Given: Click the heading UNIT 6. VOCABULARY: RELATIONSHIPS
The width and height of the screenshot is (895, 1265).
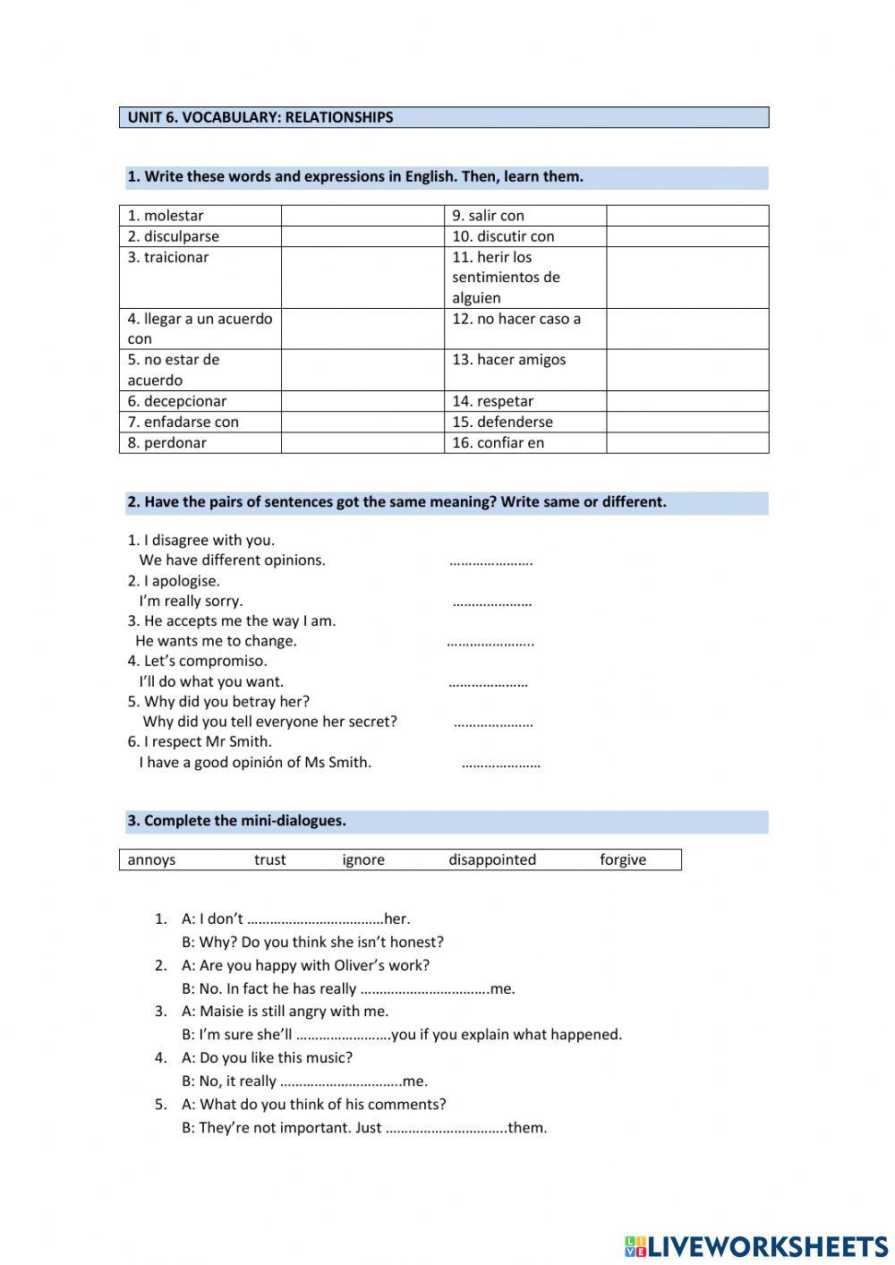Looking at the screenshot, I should (x=260, y=117).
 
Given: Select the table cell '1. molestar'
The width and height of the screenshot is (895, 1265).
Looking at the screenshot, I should (x=200, y=216).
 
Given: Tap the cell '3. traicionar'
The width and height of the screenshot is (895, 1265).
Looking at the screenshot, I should (x=200, y=278).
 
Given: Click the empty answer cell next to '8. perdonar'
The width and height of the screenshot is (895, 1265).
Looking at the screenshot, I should (x=362, y=443).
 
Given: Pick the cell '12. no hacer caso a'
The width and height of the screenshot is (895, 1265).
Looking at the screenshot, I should (x=524, y=329).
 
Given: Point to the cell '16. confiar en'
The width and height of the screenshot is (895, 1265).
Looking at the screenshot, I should (x=524, y=443).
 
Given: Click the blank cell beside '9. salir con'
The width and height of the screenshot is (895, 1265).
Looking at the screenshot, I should (x=687, y=216).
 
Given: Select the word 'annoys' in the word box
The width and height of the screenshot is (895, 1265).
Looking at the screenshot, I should (x=151, y=860).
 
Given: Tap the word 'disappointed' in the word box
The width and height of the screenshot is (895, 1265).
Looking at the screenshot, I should (x=492, y=860).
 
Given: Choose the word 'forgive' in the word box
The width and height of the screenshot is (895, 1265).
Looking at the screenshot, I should (x=623, y=860).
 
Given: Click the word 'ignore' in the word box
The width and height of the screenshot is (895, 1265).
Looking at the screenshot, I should (x=363, y=860).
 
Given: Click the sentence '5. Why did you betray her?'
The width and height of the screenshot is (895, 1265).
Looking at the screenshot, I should (x=218, y=702).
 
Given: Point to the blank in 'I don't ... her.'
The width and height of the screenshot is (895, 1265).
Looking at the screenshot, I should (x=314, y=919).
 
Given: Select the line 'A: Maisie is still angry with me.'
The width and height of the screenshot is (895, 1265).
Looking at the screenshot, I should (x=285, y=1012).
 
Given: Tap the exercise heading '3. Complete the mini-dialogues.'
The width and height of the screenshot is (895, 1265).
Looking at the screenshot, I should (x=236, y=821).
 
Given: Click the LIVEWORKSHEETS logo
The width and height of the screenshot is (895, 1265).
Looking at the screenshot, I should (x=755, y=1245).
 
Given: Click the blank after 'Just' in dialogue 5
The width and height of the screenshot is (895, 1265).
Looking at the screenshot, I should (x=446, y=1129).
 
